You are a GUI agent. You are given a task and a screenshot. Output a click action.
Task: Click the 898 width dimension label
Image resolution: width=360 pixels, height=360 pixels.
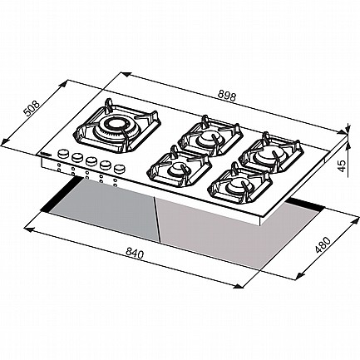[x=227, y=96]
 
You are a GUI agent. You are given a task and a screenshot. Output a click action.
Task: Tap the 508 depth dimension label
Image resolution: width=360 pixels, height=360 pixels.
[x=31, y=108]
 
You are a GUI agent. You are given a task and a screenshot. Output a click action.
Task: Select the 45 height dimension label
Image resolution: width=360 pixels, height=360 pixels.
[x=343, y=165]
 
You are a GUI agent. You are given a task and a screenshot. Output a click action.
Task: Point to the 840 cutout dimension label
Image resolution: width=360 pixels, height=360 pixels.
[x=135, y=254]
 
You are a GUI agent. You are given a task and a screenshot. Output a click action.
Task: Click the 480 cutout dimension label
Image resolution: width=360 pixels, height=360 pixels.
[x=323, y=245]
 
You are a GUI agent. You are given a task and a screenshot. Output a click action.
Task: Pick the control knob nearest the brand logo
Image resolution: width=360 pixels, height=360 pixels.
[x=63, y=154]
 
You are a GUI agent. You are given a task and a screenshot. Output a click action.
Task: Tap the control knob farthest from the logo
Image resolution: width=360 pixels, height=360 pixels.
[x=119, y=168]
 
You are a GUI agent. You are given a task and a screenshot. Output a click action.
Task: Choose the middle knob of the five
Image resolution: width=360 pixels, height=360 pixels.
[x=91, y=160]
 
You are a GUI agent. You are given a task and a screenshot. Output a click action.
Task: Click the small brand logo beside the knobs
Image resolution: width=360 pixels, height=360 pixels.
[x=46, y=153]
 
